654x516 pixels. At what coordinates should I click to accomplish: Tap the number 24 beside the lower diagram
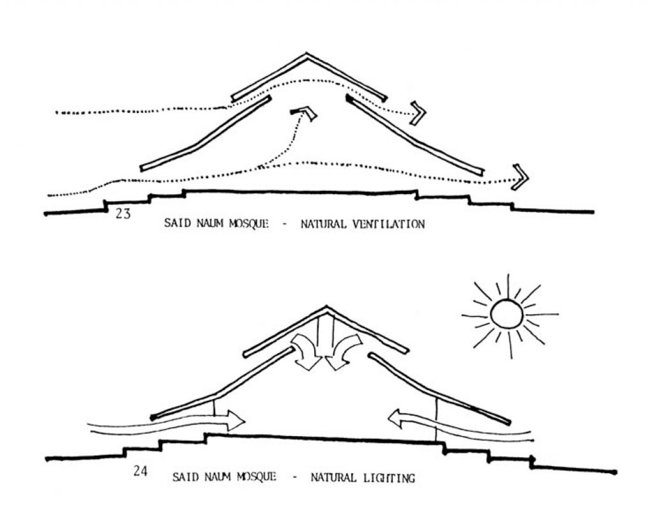pos(141,472)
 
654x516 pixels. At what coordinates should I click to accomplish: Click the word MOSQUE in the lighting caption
pos(255,477)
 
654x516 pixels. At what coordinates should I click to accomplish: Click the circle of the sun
pos(507,314)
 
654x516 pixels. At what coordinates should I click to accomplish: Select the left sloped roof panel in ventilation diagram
pos(205,133)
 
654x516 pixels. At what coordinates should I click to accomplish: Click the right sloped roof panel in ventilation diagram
pos(415,135)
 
